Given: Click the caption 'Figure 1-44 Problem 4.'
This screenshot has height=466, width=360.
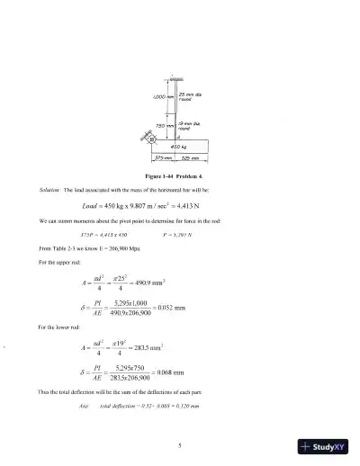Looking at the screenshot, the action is tap(179, 175).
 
